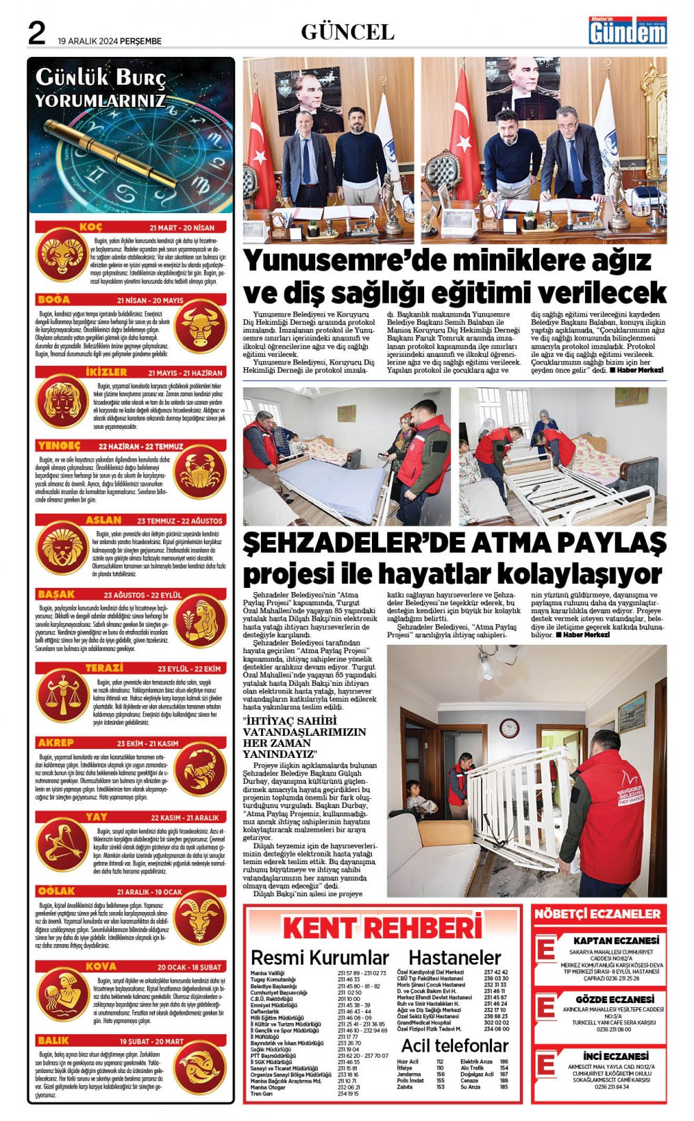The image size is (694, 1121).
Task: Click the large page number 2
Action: [36, 33]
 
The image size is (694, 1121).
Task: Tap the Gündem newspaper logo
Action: [627, 32]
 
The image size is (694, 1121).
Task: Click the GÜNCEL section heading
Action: [347, 32]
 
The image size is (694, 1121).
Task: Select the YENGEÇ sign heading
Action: [59, 446]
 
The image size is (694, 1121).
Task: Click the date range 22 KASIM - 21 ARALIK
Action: [185, 818]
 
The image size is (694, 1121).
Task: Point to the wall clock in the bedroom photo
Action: [509, 728]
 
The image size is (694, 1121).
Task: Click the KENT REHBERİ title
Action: [382, 928]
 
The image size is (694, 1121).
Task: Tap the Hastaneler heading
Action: [455, 958]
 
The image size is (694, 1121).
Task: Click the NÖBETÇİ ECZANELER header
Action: [598, 914]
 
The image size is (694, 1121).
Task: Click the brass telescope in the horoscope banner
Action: [111, 153]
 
